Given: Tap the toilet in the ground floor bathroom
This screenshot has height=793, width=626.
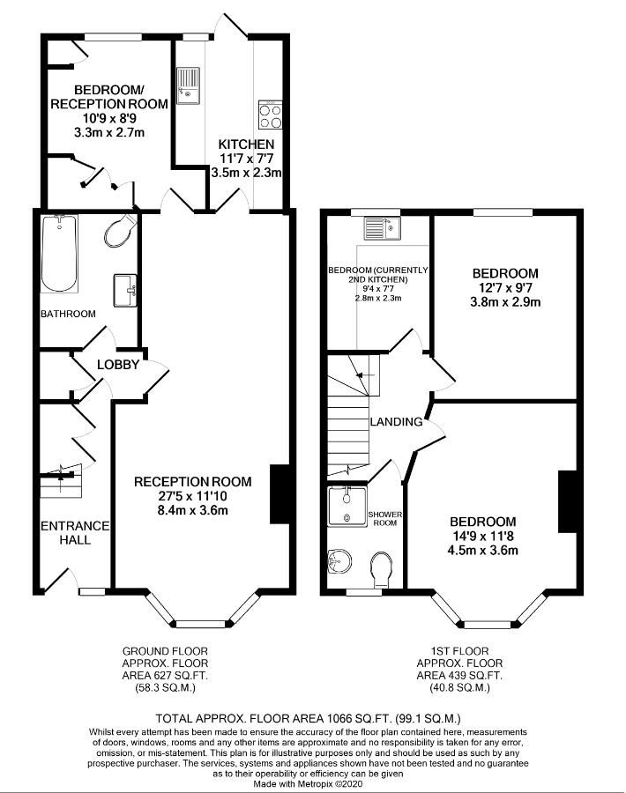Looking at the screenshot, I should click(x=119, y=232).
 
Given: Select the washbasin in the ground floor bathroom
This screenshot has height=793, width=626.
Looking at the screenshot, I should click(x=125, y=289).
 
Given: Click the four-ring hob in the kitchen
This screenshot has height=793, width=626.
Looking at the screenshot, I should click(x=270, y=115).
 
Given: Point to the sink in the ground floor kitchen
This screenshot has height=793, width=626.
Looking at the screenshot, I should click(x=189, y=86).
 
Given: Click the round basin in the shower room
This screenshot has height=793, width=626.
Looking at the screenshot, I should click(x=339, y=560).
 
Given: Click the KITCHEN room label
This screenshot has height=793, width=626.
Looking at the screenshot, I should click(x=246, y=144).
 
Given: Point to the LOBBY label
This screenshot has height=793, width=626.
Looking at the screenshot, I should click(x=117, y=365).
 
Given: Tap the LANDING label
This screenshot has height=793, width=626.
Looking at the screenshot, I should click(x=396, y=422).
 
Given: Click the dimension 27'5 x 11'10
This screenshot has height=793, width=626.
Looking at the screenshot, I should click(x=192, y=496).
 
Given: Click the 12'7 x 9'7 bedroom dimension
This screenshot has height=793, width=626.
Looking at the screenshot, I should click(x=504, y=287).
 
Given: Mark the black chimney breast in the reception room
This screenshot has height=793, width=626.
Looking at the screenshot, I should click(x=279, y=493).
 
